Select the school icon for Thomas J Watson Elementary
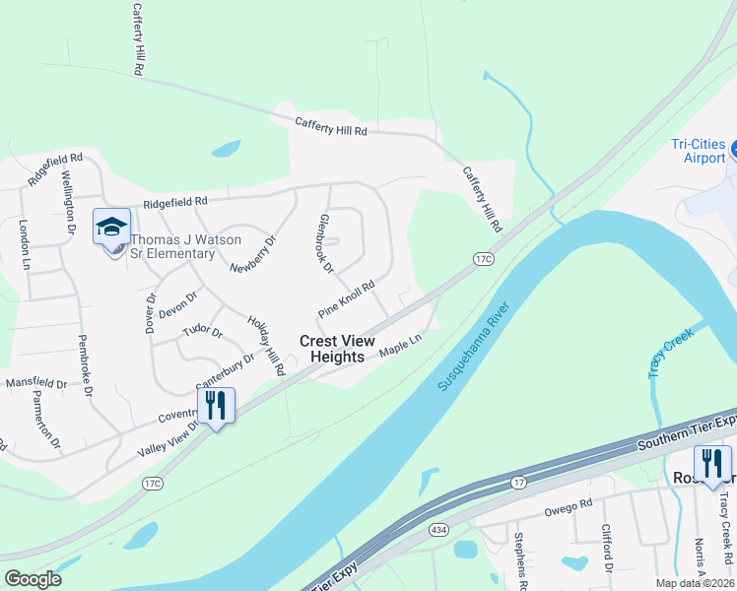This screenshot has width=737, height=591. (x=111, y=227)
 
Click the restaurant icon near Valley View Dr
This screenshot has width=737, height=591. (x=216, y=405)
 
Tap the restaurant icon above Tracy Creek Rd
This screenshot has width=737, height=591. (x=711, y=463)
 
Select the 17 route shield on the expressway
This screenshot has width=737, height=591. (x=517, y=483)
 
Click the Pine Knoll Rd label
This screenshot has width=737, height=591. (x=347, y=299)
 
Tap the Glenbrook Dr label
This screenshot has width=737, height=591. (x=327, y=243)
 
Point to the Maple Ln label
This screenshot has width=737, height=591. (x=401, y=346)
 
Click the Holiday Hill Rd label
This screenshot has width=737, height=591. (x=266, y=346)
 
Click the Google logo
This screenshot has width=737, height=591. (x=33, y=579)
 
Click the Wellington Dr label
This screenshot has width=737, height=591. (x=68, y=201)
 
